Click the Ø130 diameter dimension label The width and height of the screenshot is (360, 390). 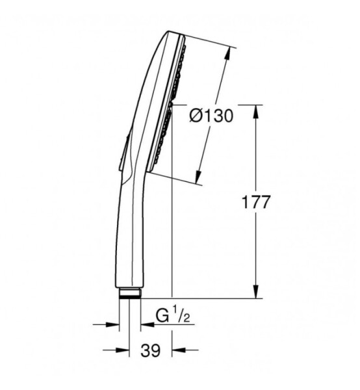(x=212, y=116)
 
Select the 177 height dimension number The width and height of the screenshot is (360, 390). (x=256, y=202)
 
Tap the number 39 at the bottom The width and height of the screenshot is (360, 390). (x=151, y=351)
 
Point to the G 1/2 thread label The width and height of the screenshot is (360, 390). (x=173, y=315)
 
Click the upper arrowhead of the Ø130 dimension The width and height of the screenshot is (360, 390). (x=227, y=53)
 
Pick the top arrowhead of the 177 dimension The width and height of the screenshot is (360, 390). (x=257, y=111)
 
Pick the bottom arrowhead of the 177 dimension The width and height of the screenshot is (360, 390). (x=257, y=291)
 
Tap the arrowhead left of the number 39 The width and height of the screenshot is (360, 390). (x=123, y=350)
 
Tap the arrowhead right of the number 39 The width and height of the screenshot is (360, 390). (x=179, y=350)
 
